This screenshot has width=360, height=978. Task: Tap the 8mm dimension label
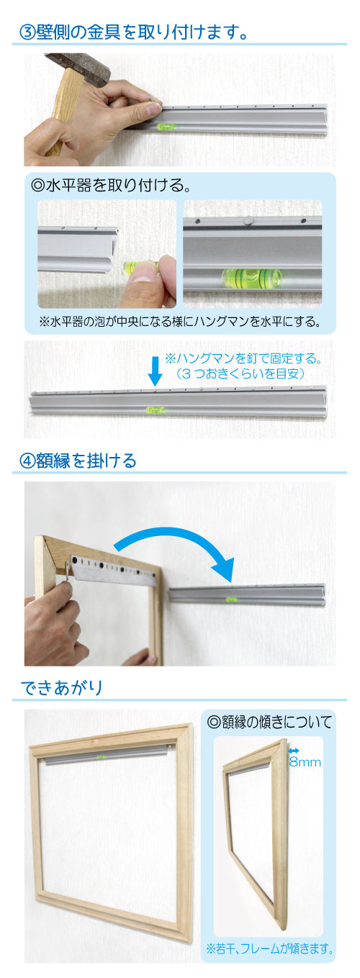(x=305, y=763)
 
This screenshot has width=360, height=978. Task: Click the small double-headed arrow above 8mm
(x=294, y=751)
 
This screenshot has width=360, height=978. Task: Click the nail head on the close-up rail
(x=248, y=220)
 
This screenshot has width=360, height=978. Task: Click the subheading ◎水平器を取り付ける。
(x=112, y=186)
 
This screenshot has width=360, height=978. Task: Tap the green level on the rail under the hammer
(x=166, y=127)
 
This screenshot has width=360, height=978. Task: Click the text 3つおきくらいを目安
(x=240, y=373)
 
